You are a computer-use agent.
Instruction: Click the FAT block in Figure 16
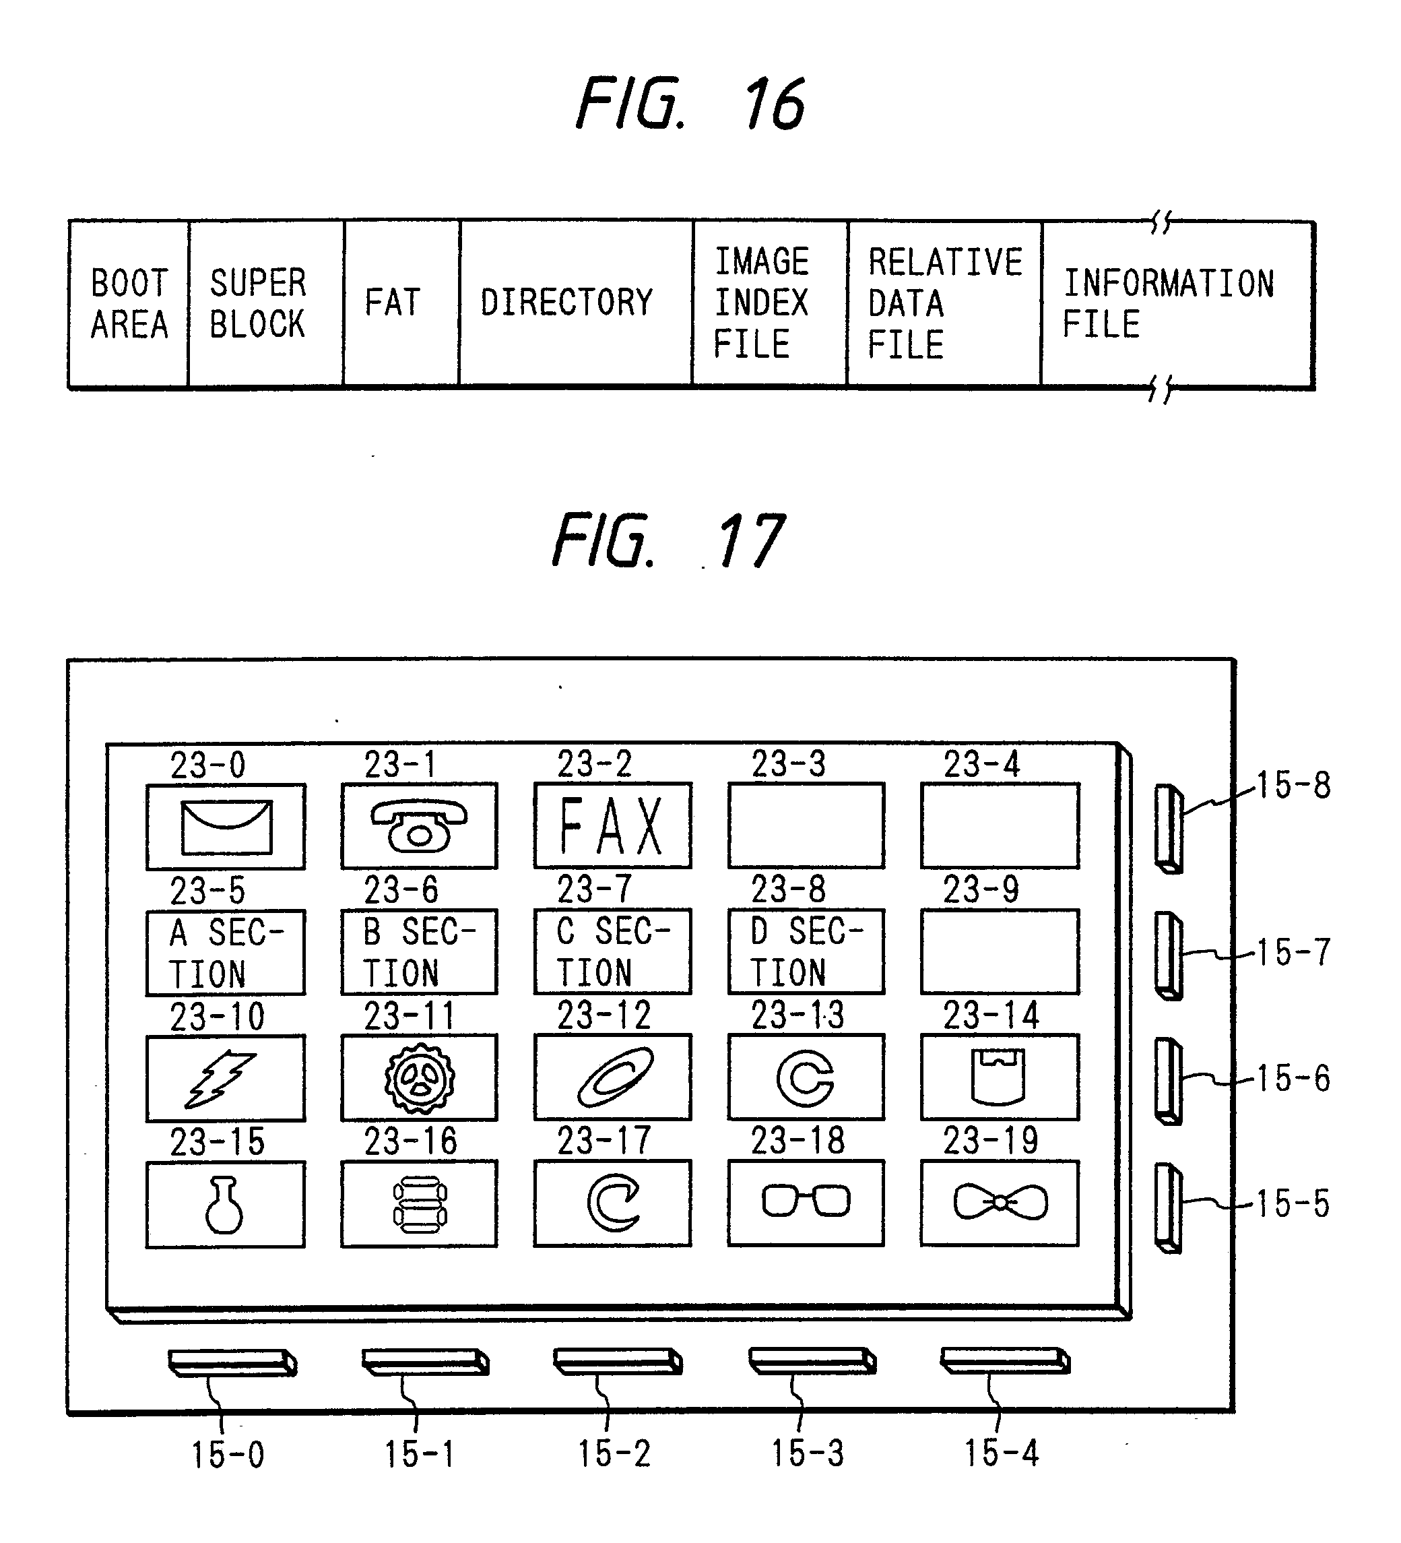click(401, 303)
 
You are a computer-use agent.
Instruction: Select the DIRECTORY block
click(575, 303)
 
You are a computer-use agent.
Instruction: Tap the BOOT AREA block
click(129, 304)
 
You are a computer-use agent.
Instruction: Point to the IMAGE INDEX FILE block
click(769, 303)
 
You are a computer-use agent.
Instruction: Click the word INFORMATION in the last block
click(1169, 284)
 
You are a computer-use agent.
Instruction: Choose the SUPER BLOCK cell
click(265, 304)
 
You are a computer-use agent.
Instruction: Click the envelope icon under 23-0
click(226, 827)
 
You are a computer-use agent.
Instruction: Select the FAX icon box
click(612, 826)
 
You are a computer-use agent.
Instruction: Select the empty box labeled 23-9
click(1000, 952)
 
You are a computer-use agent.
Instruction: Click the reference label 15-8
click(1294, 785)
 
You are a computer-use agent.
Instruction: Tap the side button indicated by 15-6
click(1168, 1081)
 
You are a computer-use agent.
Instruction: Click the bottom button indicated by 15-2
click(617, 1362)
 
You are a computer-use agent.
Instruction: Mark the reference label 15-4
click(1001, 1453)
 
